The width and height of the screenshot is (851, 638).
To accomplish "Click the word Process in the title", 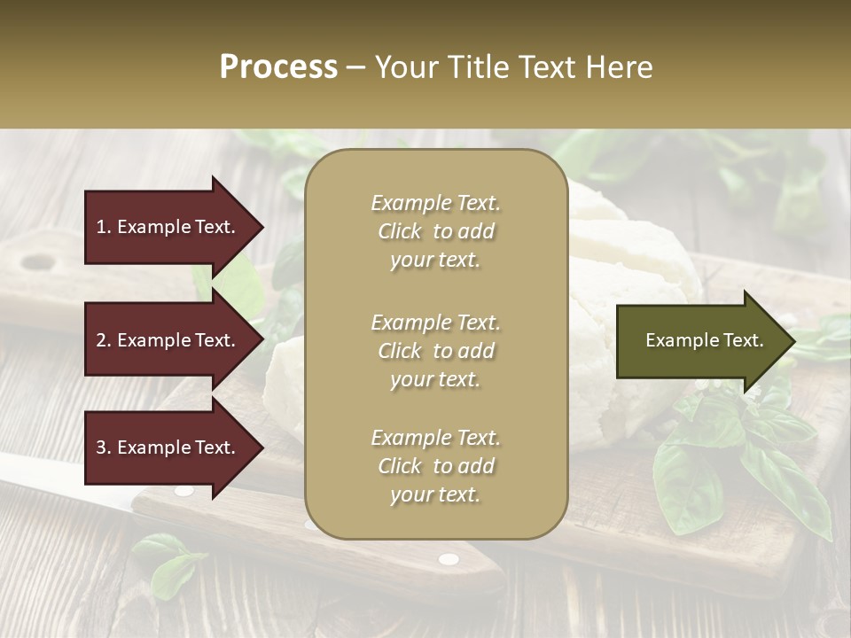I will coord(278,67).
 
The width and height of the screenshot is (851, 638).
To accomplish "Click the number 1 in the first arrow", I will coord(101,227).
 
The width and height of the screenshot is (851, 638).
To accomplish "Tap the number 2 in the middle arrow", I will coord(101,340).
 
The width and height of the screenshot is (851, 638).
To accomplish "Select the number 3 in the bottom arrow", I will coord(101,447).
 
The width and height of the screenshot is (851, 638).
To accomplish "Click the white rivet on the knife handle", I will coord(449,558).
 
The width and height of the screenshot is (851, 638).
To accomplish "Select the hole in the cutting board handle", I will coord(37,261).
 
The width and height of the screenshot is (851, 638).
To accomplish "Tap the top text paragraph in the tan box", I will coord(436,231).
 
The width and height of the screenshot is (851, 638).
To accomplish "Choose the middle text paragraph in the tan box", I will coord(436,350).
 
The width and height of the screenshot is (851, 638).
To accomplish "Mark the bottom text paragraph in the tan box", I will coord(436,466).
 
